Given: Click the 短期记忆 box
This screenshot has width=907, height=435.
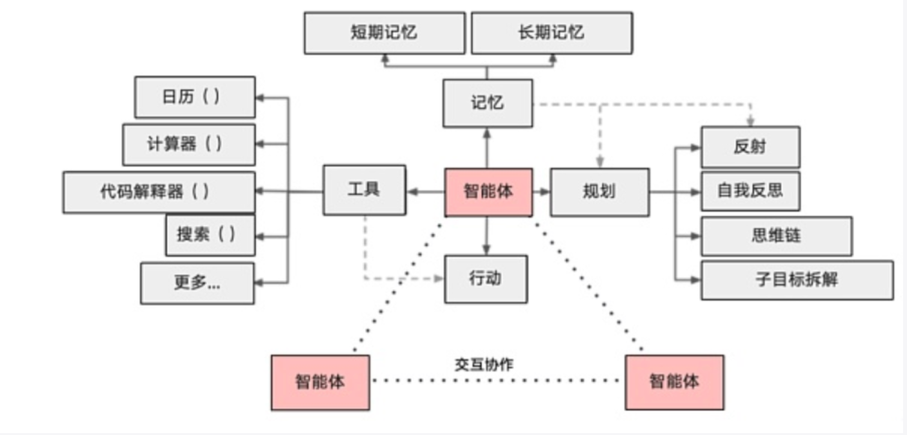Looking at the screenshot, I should tap(384, 33).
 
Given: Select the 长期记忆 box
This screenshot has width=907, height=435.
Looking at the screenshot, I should tap(552, 33).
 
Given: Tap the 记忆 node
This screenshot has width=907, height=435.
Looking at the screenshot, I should tap(488, 103).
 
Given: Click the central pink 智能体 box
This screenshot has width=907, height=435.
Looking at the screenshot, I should tap(488, 192).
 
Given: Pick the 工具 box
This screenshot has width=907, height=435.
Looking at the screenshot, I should tap(364, 190).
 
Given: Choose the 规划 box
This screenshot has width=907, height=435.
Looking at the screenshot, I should tap(599, 192).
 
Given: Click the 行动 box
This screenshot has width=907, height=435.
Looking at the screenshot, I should tap(486, 279).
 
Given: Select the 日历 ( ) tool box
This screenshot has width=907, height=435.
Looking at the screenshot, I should tap(195, 97).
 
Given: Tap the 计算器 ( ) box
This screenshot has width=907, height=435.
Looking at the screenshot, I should tap(189, 144).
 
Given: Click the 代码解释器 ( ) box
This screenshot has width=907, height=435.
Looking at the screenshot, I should tap(159, 192).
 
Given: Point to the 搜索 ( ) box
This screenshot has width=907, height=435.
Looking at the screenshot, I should tap(210, 235).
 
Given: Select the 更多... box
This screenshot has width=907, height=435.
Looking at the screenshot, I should tap(197, 283).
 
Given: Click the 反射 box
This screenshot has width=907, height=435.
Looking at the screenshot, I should tap(750, 147).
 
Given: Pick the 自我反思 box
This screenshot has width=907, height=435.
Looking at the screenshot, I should tap(750, 191).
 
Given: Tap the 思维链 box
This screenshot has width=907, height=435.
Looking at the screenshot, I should tap(776, 236).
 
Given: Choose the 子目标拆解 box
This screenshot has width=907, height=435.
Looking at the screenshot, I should tap(797, 280).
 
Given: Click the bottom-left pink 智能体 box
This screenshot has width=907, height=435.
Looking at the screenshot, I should tap(320, 382).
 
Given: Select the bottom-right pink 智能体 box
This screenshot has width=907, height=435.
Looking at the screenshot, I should tap(674, 382).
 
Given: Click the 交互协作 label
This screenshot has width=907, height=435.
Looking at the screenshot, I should tap(484, 364).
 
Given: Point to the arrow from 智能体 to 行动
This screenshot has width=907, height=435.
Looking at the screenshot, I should tap(486, 236).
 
